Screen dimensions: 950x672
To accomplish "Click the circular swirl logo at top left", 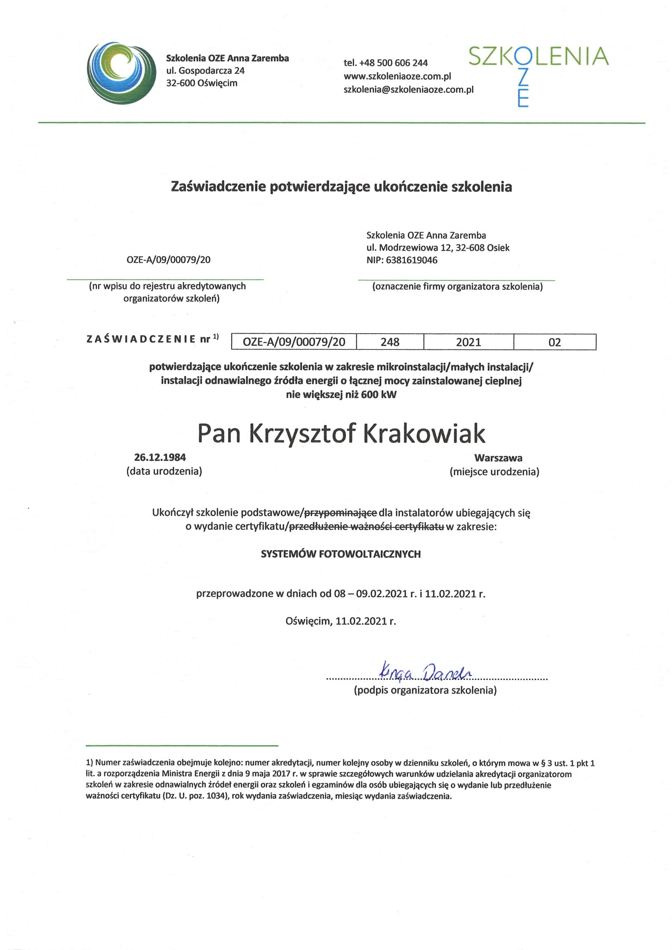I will pos(121,73).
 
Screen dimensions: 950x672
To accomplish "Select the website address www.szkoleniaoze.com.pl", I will pos(397,76).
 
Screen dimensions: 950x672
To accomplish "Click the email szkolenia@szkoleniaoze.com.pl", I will pos(408,89).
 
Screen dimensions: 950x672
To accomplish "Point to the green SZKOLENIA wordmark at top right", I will pos(538,57).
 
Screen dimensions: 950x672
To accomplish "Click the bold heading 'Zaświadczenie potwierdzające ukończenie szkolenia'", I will pos(341,187).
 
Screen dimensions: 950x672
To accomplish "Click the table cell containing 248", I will pos(389,342).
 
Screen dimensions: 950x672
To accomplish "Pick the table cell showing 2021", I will pos(468,342).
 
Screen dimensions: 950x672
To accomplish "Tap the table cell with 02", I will pos(555,342).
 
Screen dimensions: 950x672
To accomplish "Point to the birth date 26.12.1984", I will pos(160,457).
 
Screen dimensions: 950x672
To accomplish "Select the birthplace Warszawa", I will pos(498,458).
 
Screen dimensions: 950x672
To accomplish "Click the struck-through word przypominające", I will pos(340,513).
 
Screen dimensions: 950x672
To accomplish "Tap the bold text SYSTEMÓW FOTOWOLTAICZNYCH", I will pos(340,554).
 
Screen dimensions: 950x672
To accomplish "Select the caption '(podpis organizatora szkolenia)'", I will pos(425,690).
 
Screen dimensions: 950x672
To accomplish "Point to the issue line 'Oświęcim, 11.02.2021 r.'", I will pos(340,621).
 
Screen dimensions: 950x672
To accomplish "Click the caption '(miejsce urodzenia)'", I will pos(494,472).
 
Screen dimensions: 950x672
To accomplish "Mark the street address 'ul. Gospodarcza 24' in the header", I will pos(205,71).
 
